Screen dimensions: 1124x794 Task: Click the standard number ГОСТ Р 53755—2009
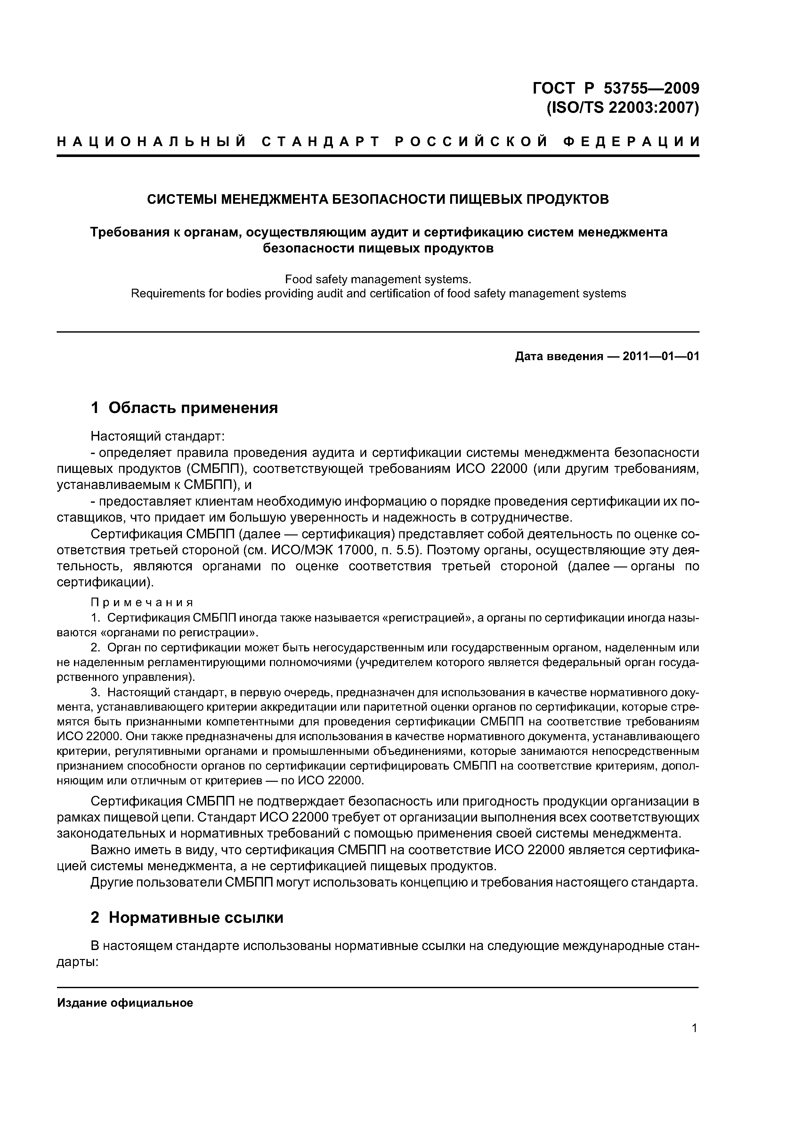[615, 89]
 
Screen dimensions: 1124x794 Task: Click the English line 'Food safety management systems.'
[378, 279]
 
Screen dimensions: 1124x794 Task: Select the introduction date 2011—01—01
[661, 356]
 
